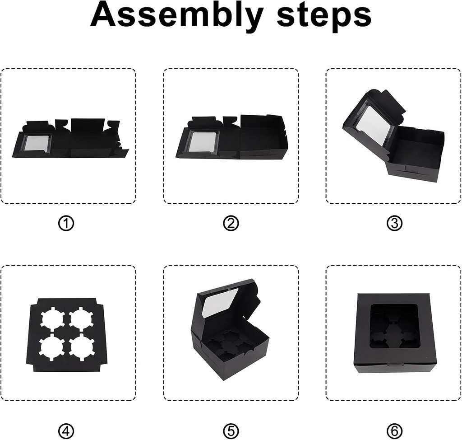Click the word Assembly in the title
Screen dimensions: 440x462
click(176, 16)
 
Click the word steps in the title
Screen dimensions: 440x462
click(323, 16)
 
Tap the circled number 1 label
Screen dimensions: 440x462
click(66, 224)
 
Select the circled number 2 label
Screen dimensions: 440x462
click(231, 224)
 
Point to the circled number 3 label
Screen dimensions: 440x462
click(394, 224)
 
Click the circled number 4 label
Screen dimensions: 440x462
click(66, 431)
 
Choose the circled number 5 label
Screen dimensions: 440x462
click(231, 431)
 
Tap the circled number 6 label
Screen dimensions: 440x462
click(394, 431)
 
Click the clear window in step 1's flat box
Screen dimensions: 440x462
click(36, 143)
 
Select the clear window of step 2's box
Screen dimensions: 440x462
click(202, 142)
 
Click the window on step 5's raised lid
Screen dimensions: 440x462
click(220, 302)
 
